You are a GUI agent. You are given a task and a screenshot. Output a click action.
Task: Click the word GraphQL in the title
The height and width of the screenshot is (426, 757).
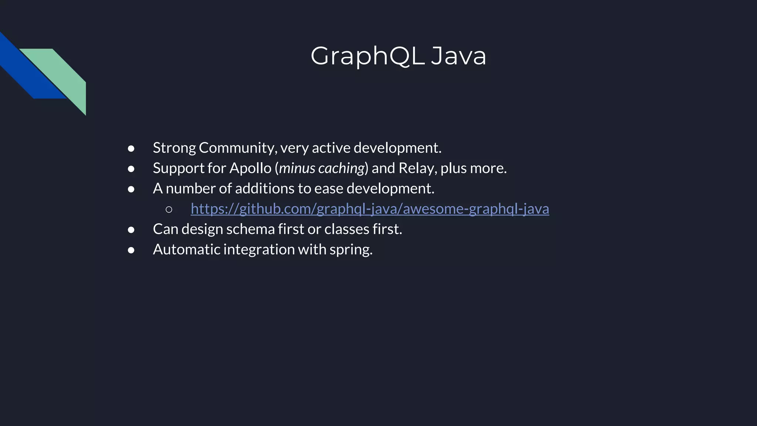(x=367, y=56)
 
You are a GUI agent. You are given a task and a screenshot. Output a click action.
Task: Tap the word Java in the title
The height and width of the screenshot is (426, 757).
(x=458, y=56)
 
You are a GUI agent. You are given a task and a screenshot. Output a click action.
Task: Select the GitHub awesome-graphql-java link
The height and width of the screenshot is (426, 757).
(x=370, y=209)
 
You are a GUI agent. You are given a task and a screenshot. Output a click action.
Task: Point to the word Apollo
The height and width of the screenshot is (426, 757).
(x=250, y=168)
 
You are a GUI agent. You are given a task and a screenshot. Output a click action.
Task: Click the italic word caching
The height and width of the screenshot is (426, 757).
(x=341, y=168)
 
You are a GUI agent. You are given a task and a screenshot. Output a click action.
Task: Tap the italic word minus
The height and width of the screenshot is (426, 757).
(x=297, y=168)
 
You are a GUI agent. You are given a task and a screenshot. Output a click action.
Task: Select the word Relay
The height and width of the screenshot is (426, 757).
(x=414, y=168)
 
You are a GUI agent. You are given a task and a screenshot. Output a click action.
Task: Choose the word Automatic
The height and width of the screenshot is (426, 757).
(x=186, y=250)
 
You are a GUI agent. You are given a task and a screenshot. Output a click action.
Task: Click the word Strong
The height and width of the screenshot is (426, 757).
(x=174, y=148)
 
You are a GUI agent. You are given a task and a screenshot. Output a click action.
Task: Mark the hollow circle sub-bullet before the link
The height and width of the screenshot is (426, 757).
(x=169, y=210)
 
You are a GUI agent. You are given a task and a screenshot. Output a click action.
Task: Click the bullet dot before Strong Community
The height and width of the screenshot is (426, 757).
(x=131, y=149)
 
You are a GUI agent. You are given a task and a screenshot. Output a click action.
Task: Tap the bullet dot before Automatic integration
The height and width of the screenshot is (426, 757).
(x=131, y=250)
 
